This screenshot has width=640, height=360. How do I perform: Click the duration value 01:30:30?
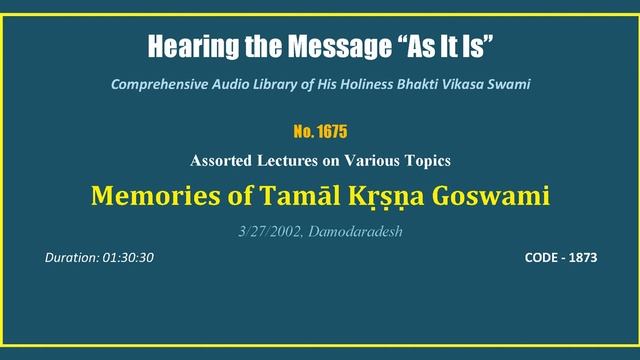point(127,257)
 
